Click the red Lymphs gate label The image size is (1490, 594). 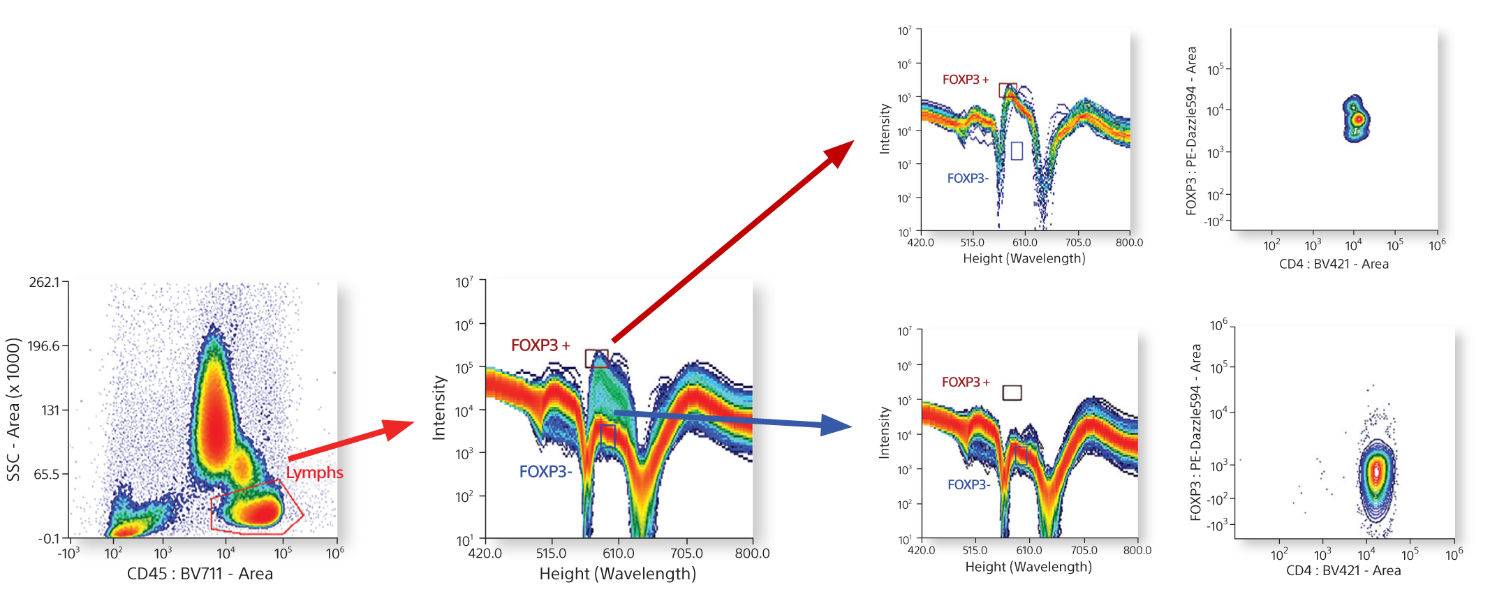point(314,473)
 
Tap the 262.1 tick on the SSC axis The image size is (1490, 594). point(44,282)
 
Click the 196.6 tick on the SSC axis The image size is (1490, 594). point(44,346)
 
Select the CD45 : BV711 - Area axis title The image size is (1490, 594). point(200,574)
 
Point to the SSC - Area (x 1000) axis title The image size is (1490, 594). point(13,410)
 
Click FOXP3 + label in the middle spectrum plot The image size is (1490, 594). point(540,346)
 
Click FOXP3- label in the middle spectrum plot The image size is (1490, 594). point(545,472)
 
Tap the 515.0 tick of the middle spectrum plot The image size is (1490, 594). point(551,554)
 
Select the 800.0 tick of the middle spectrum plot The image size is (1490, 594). point(752,554)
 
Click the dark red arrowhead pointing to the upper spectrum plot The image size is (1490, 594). point(840,153)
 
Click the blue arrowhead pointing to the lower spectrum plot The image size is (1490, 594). point(836,425)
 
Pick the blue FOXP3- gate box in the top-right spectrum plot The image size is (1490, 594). point(1017,151)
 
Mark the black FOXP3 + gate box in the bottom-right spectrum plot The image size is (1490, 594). point(1012,392)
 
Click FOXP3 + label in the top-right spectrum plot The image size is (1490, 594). point(966,80)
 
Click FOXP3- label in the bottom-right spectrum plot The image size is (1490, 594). point(968,484)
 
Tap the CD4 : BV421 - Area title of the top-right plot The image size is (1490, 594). point(1334,264)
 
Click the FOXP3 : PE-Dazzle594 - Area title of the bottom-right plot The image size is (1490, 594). point(1195,432)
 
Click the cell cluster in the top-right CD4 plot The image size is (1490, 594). point(1356,119)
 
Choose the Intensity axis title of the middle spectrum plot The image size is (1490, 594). point(439,408)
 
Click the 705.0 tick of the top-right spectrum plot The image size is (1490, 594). point(1077,243)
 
